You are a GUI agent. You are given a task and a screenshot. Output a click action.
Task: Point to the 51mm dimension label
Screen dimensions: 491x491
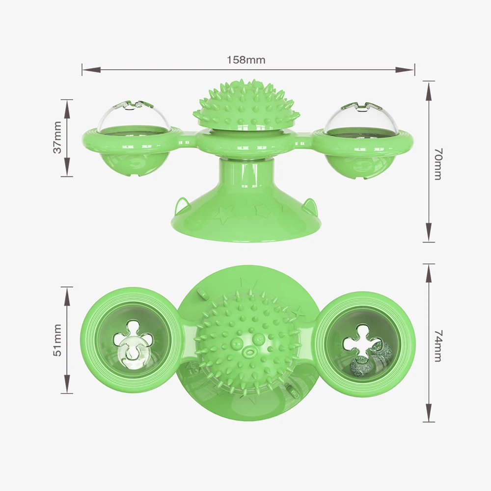[58, 340]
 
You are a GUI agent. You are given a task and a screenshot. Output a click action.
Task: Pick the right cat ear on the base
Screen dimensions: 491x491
[309, 205]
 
